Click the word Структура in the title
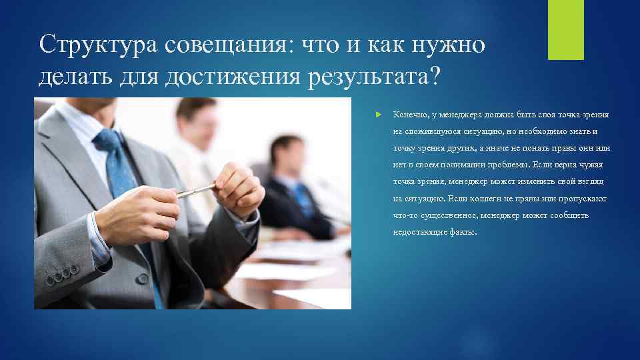pos(93,45)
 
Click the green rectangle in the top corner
pos(565,29)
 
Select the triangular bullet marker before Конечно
pos(379,115)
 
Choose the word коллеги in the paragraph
pos(491,199)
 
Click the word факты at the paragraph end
pos(465,233)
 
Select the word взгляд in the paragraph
pos(589,182)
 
